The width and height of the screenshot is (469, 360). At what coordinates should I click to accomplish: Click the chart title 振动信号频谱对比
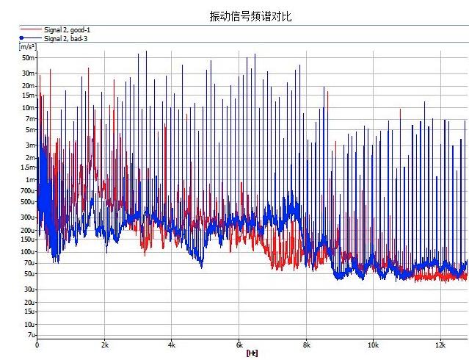tap(250, 16)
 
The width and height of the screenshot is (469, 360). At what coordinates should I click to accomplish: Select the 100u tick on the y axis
tap(29, 252)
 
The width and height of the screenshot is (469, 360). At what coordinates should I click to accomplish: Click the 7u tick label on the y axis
tap(31, 335)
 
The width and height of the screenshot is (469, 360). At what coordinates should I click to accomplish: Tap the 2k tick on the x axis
tap(105, 345)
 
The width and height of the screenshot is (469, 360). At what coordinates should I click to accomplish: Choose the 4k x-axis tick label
tap(172, 345)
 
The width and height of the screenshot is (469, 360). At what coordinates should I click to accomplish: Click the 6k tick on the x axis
tap(239, 345)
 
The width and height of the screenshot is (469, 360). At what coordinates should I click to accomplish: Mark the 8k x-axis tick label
tap(307, 345)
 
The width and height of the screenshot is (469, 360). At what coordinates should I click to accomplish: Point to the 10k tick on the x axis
tap(374, 345)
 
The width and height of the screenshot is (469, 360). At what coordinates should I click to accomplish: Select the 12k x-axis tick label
tap(441, 345)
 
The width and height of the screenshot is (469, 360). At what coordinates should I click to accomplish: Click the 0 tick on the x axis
tap(37, 345)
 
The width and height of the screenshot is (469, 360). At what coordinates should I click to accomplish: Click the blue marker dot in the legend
tap(22, 37)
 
